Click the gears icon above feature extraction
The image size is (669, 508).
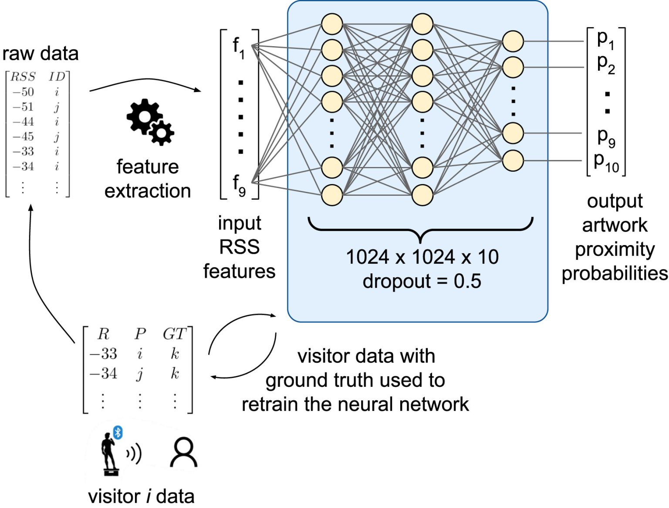[x=150, y=122]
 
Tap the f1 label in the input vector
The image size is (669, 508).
[x=238, y=48]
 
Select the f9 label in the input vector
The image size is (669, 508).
[x=239, y=185]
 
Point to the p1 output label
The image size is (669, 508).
[x=605, y=39]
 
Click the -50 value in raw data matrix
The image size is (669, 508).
[x=23, y=92]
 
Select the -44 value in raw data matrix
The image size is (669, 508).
[x=23, y=122]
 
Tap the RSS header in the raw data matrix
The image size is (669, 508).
[x=23, y=77]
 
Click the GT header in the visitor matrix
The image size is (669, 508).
[x=174, y=334]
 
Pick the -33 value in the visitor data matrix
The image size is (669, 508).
[x=103, y=353]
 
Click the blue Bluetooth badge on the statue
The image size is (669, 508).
[x=118, y=433]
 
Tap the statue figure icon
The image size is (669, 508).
[x=109, y=453]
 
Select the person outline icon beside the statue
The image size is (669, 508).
[x=183, y=453]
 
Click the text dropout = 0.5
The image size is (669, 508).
[x=422, y=281]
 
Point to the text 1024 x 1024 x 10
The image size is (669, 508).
[x=422, y=257]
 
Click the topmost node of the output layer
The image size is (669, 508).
[x=513, y=41]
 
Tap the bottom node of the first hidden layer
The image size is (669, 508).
[x=332, y=194]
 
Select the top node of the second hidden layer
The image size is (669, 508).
[x=422, y=24]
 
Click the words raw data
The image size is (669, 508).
[x=40, y=54]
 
